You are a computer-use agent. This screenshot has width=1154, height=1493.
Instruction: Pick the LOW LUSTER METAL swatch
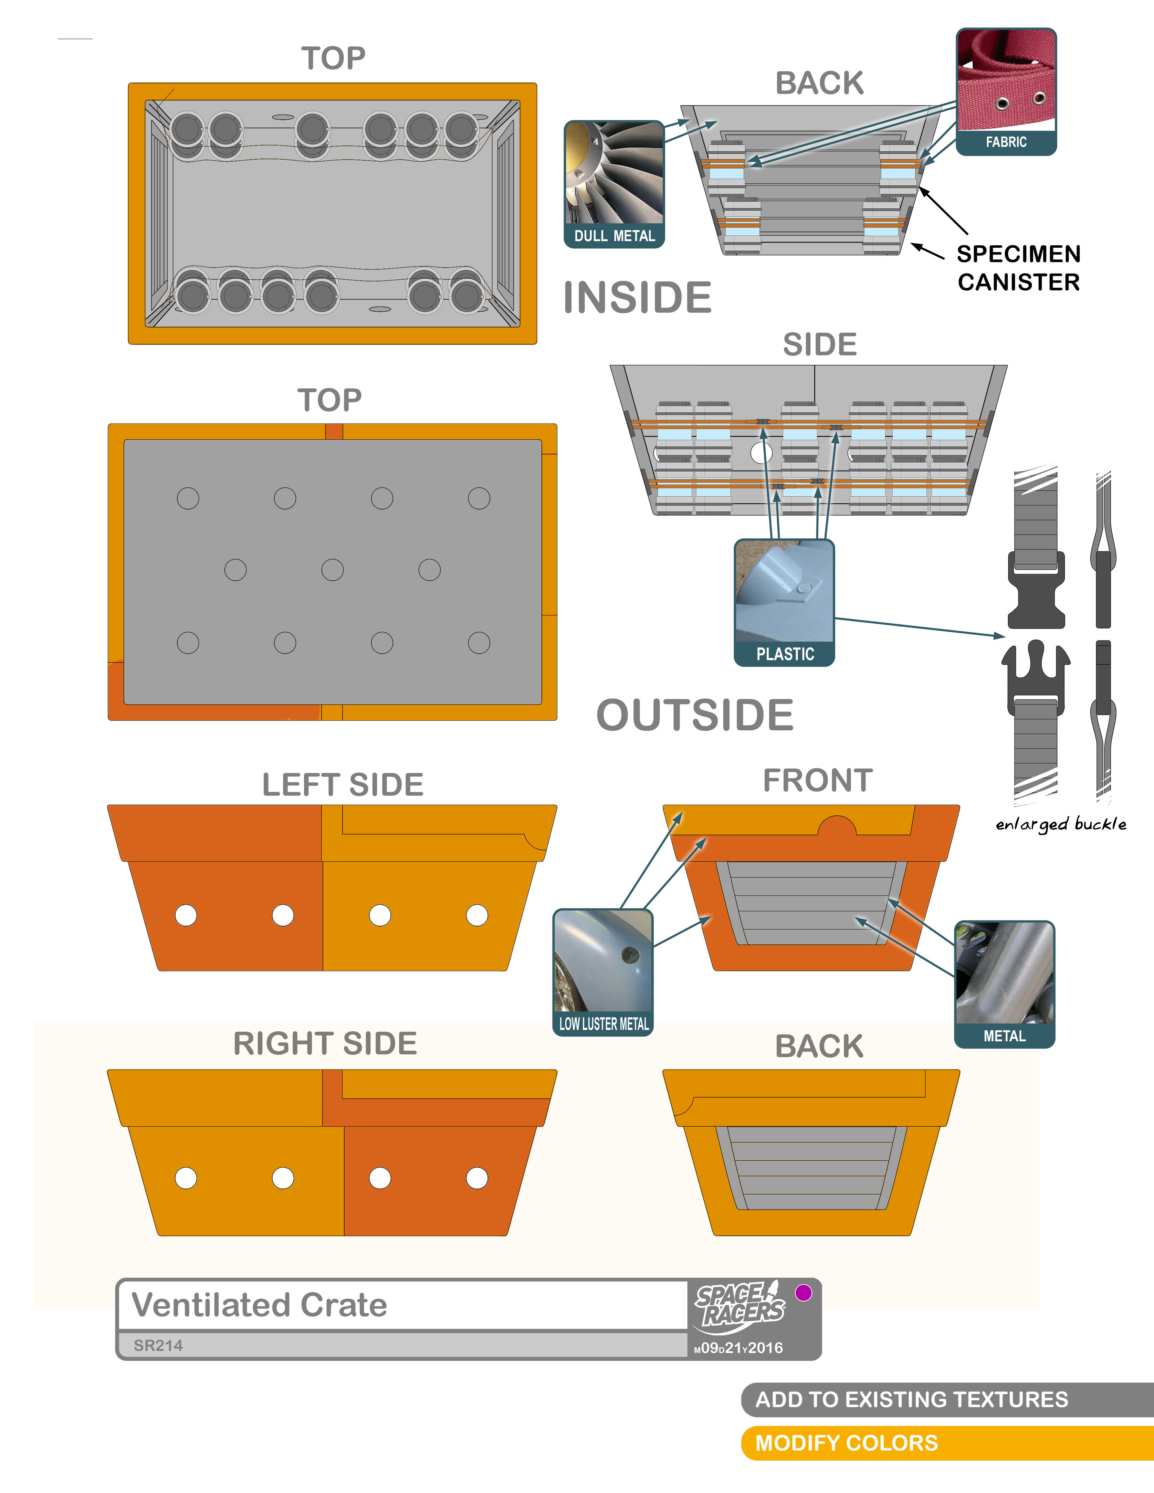point(603,971)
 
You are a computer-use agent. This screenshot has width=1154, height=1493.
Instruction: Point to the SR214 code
point(158,1345)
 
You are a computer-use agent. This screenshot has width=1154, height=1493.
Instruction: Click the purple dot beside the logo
point(804,1292)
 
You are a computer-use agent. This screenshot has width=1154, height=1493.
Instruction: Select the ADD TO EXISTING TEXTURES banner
point(911,1399)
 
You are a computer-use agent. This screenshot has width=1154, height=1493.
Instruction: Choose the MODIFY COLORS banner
point(846,1442)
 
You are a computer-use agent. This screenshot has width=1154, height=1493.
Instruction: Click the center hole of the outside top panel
point(333,569)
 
